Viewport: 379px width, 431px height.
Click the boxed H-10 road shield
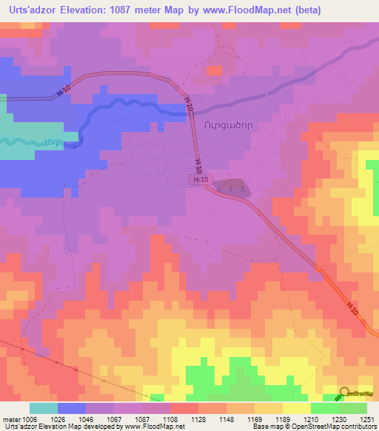click(x=198, y=180)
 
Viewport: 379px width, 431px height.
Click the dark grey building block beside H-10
click(x=232, y=188)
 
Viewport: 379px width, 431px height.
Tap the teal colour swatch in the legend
click(x=44, y=408)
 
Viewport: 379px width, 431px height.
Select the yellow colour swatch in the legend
click(x=297, y=408)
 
